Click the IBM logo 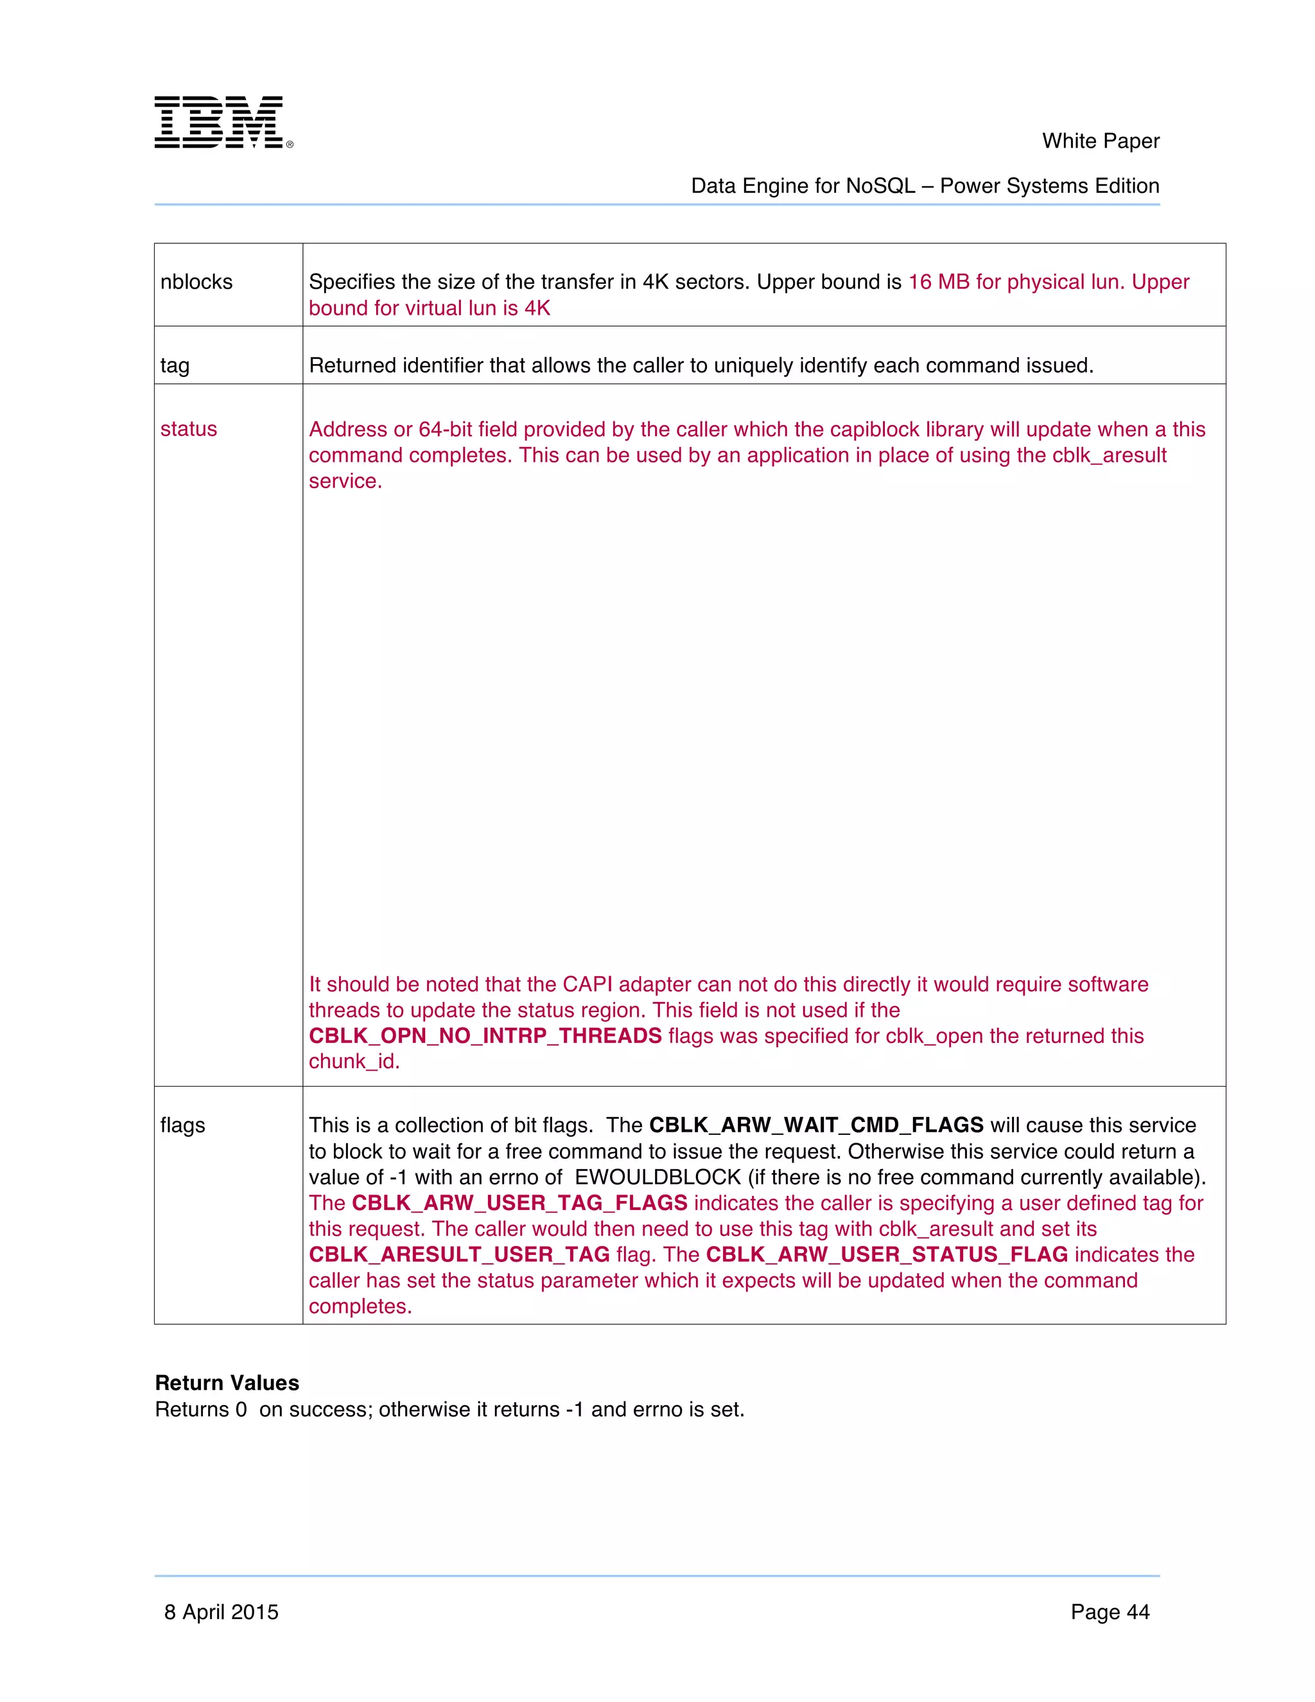pyautogui.click(x=222, y=122)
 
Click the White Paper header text pyautogui.click(x=1100, y=141)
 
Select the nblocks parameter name pyautogui.click(x=196, y=282)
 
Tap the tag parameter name pyautogui.click(x=175, y=365)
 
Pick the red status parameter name pyautogui.click(x=189, y=430)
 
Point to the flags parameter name pyautogui.click(x=182, y=1125)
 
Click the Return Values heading pyautogui.click(x=227, y=1383)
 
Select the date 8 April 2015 pyautogui.click(x=222, y=1611)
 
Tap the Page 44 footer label pyautogui.click(x=1110, y=1611)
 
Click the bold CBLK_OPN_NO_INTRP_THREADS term pyautogui.click(x=485, y=1036)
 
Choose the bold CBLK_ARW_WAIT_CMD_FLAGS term pyautogui.click(x=815, y=1125)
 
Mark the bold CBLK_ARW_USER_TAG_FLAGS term pyautogui.click(x=519, y=1203)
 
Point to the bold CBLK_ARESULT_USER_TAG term pyautogui.click(x=459, y=1255)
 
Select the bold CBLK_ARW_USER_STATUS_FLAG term pyautogui.click(x=887, y=1255)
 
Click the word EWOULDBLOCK pyautogui.click(x=657, y=1177)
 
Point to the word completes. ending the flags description pyautogui.click(x=360, y=1307)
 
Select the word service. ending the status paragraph pyautogui.click(x=345, y=482)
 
